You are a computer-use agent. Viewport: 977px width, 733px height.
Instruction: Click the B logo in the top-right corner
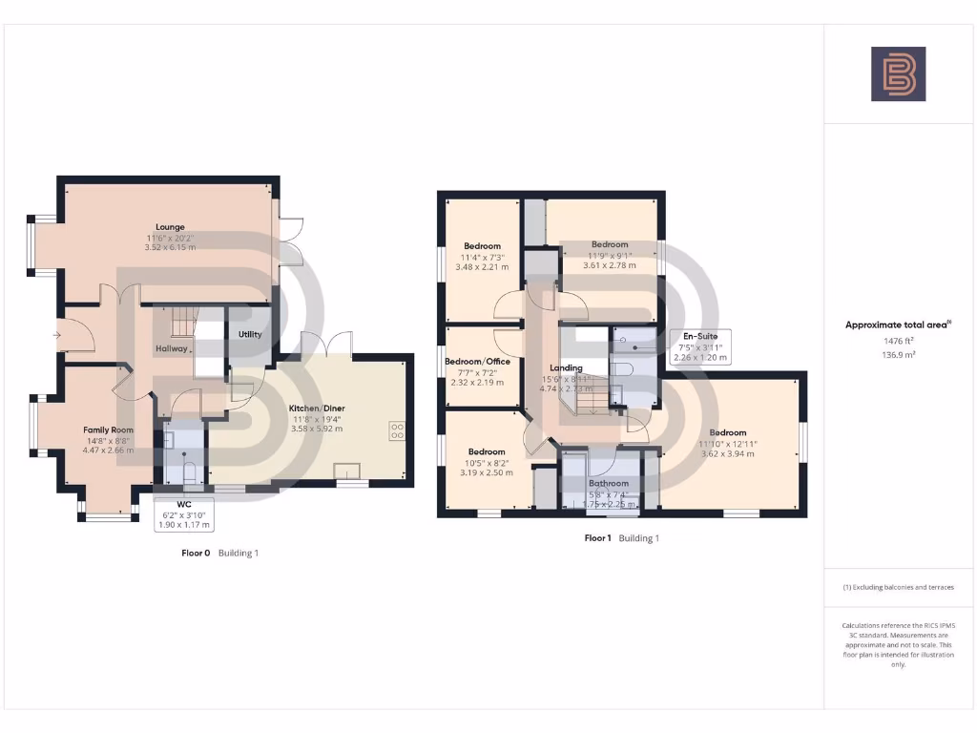point(898,73)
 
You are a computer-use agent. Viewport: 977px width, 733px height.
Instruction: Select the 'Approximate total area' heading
point(898,325)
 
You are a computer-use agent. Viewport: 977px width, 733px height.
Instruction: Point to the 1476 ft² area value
point(898,340)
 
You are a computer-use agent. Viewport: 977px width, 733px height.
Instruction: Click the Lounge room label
point(170,227)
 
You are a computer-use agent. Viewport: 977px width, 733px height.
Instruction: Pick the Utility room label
point(250,334)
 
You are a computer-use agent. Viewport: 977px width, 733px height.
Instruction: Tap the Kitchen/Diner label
point(317,408)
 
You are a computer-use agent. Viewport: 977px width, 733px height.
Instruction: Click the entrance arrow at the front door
point(58,335)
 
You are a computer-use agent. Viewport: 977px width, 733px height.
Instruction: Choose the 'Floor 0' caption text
point(196,553)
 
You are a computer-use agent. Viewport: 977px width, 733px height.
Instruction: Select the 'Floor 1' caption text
point(597,538)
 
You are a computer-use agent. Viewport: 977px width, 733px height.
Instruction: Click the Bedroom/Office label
point(484,362)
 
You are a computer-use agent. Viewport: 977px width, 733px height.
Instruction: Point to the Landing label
point(566,367)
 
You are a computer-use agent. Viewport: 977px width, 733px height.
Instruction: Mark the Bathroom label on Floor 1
point(608,484)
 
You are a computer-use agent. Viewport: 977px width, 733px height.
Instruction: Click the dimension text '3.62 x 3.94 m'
point(727,453)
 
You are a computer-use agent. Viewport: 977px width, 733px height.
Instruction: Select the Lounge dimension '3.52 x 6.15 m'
point(170,247)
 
